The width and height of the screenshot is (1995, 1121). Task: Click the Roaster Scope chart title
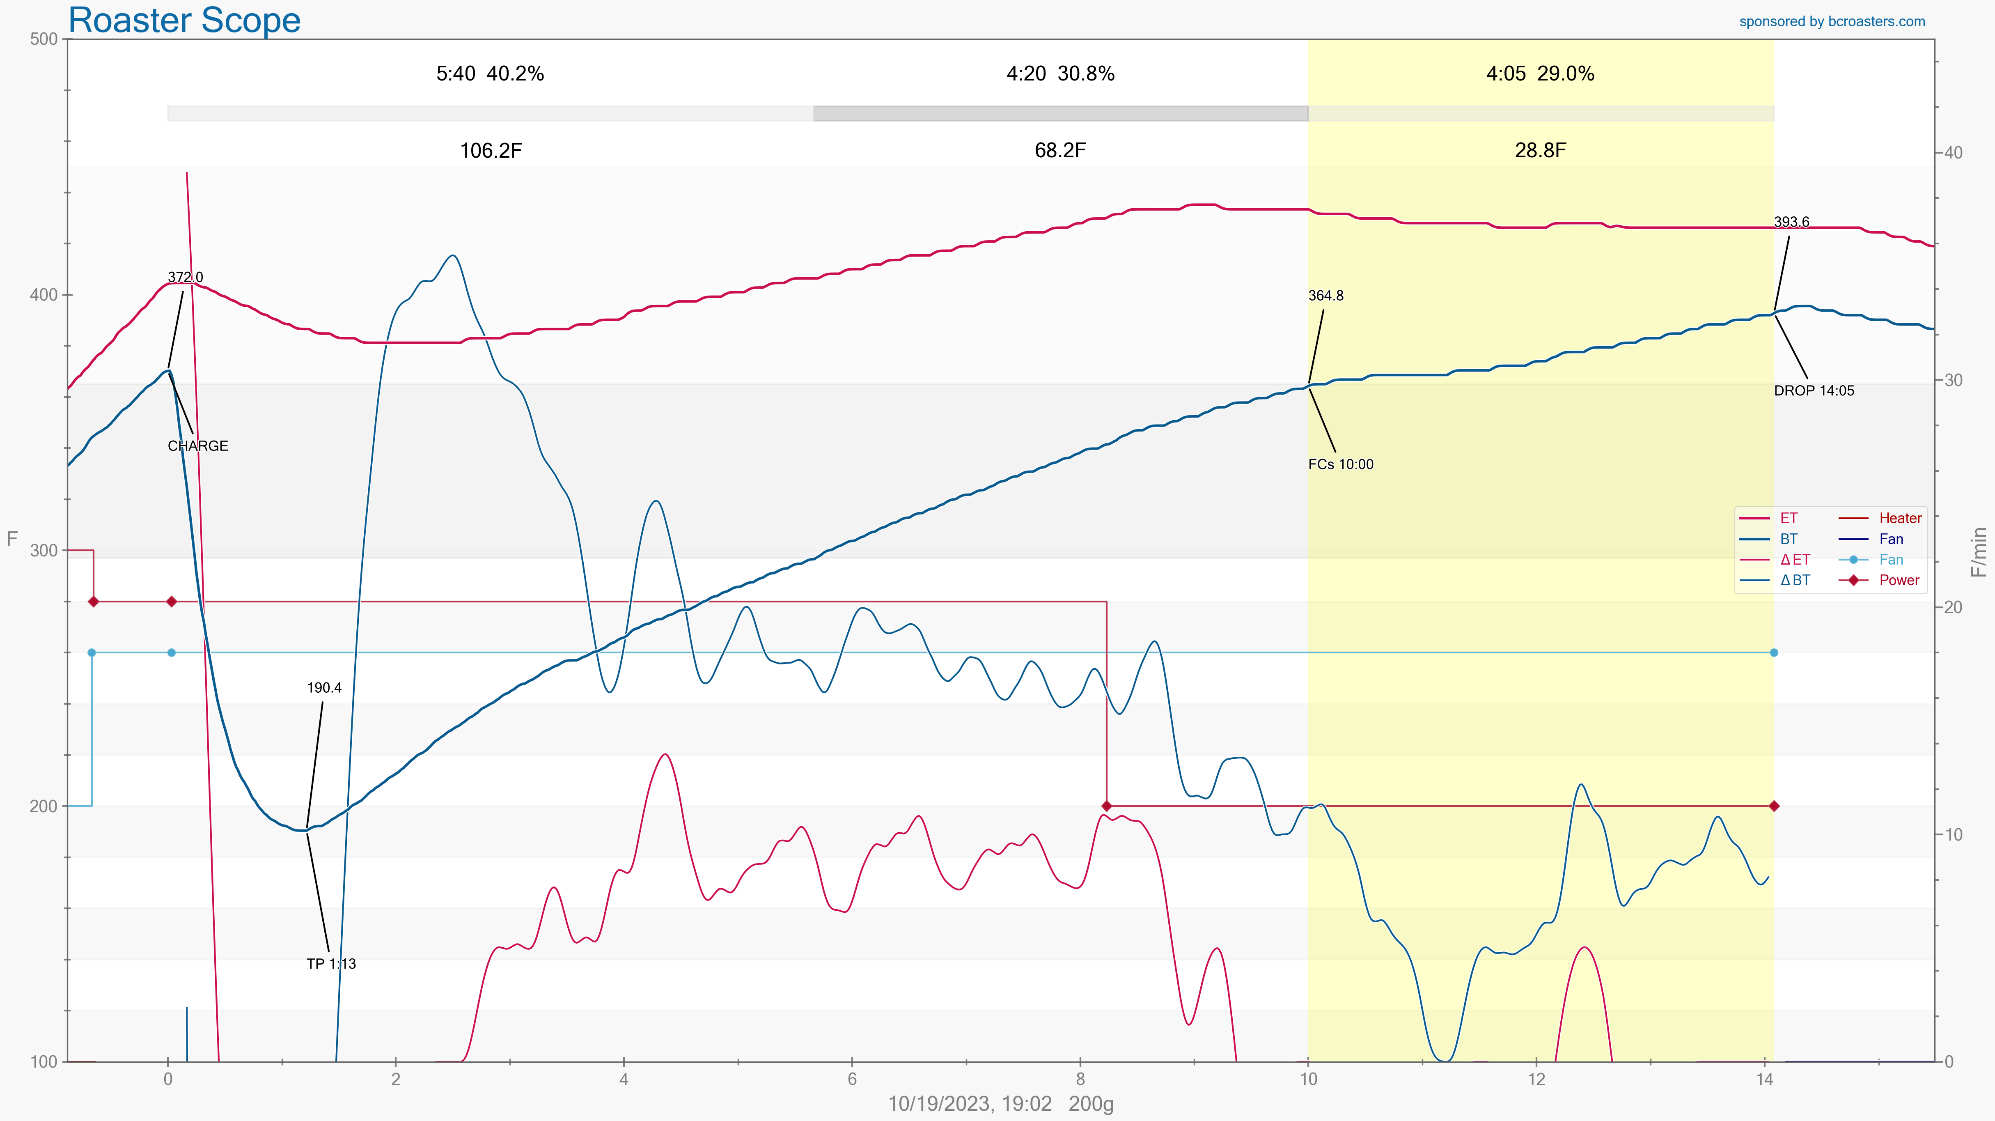pos(184,20)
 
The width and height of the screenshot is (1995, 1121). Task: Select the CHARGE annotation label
pos(197,446)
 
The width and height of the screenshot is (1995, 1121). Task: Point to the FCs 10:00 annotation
pos(1341,464)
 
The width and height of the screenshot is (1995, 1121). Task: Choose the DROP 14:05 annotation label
pos(1814,391)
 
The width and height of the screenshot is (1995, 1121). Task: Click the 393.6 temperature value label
pos(1791,222)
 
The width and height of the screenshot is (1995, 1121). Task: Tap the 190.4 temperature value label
pos(324,687)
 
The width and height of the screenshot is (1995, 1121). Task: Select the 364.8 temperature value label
pos(1326,295)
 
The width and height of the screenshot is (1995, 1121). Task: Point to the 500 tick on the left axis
pos(44,39)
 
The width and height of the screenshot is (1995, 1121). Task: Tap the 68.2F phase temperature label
pos(1059,150)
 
